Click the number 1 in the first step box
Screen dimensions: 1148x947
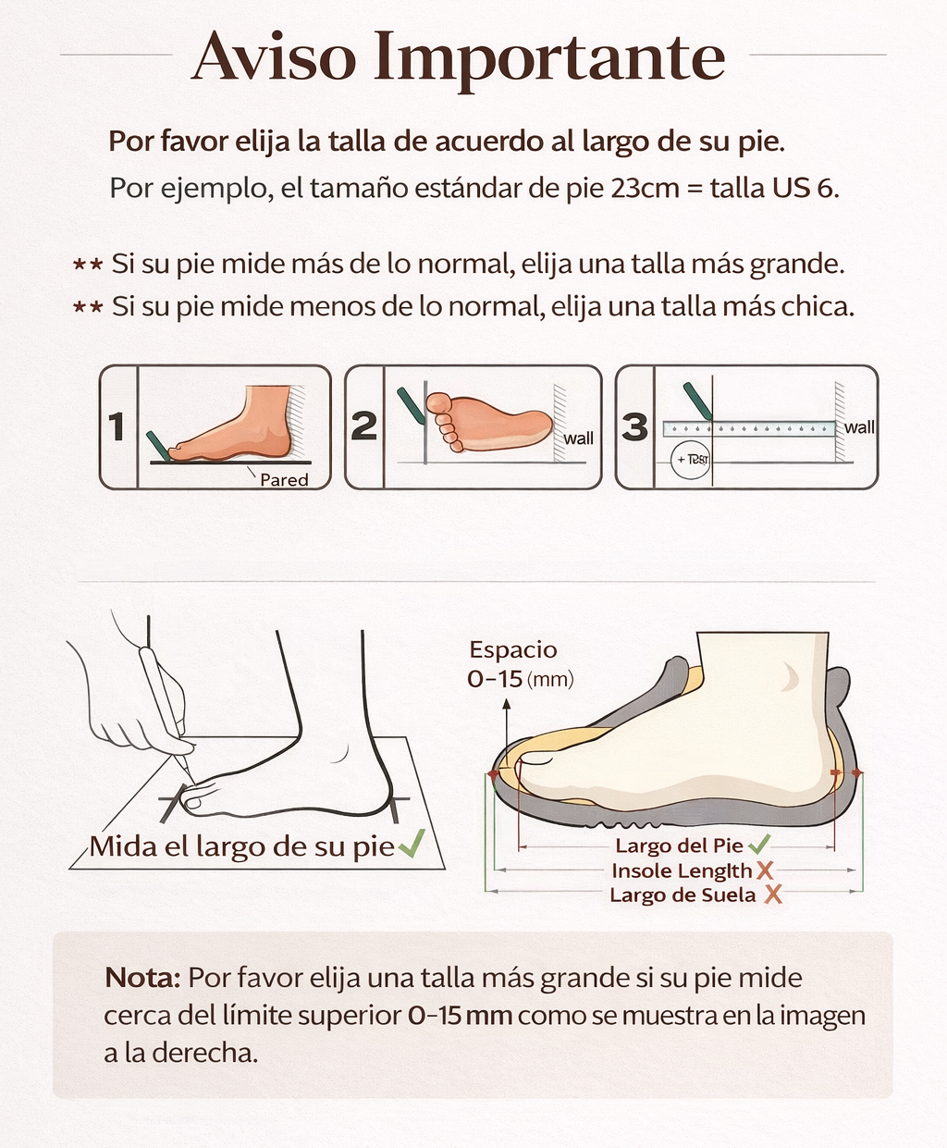point(117,427)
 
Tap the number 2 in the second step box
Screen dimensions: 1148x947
point(364,426)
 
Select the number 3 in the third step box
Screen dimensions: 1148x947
point(634,426)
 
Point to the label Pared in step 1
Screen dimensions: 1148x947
point(284,479)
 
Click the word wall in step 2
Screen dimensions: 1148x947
point(579,438)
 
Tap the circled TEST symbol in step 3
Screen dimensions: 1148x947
point(690,459)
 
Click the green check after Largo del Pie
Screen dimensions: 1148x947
point(759,844)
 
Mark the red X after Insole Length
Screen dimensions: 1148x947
point(765,870)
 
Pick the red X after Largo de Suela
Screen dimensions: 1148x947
point(772,895)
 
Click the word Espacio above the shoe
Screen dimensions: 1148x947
point(513,649)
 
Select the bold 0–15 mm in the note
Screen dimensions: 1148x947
point(460,1015)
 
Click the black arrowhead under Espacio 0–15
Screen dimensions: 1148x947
point(506,704)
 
